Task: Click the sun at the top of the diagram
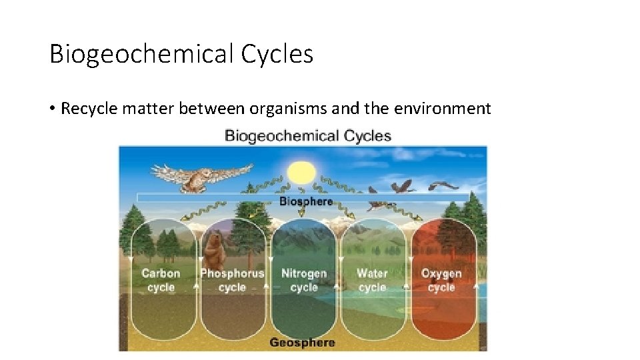coord(301,172)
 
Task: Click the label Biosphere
coord(305,201)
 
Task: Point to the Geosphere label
coord(302,343)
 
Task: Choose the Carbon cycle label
coord(161,280)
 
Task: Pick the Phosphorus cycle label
coord(232,280)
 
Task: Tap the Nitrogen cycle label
coord(304,280)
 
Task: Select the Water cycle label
coord(372,280)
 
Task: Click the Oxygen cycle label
coord(441,280)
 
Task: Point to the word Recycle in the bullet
coord(85,108)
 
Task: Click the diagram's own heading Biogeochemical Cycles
coord(307,136)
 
